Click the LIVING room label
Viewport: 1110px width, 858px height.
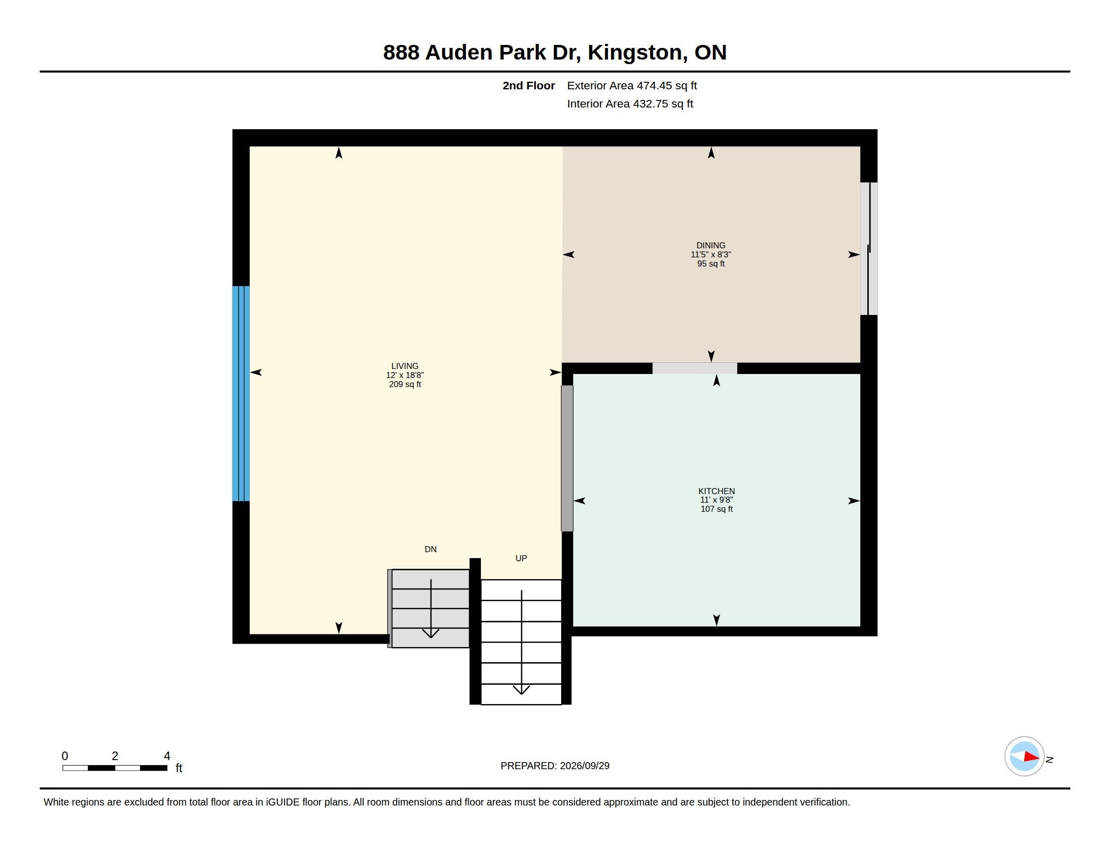click(405, 366)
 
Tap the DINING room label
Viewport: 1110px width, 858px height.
click(710, 245)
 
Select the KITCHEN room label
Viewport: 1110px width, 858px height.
click(716, 491)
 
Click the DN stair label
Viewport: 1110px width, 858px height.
click(430, 549)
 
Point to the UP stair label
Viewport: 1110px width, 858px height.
click(521, 558)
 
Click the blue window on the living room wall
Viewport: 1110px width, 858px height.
click(241, 394)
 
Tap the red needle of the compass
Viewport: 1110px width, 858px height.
click(1031, 757)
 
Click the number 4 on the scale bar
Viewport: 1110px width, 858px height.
click(166, 756)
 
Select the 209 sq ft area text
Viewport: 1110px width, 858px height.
click(405, 384)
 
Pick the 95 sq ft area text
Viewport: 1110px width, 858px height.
click(710, 264)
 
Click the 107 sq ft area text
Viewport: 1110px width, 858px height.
click(716, 509)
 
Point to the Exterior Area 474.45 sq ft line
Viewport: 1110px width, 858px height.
click(632, 85)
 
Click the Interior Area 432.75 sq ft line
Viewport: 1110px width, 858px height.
click(630, 103)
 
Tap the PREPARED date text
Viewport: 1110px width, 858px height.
click(554, 766)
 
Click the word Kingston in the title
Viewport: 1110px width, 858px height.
click(635, 52)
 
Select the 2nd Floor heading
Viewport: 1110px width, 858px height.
click(529, 85)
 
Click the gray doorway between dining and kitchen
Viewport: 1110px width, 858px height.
click(694, 368)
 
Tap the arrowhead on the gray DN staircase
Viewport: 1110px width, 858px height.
click(430, 633)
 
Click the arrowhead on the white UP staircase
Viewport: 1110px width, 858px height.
click(521, 690)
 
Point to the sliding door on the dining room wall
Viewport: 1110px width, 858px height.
click(869, 248)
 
